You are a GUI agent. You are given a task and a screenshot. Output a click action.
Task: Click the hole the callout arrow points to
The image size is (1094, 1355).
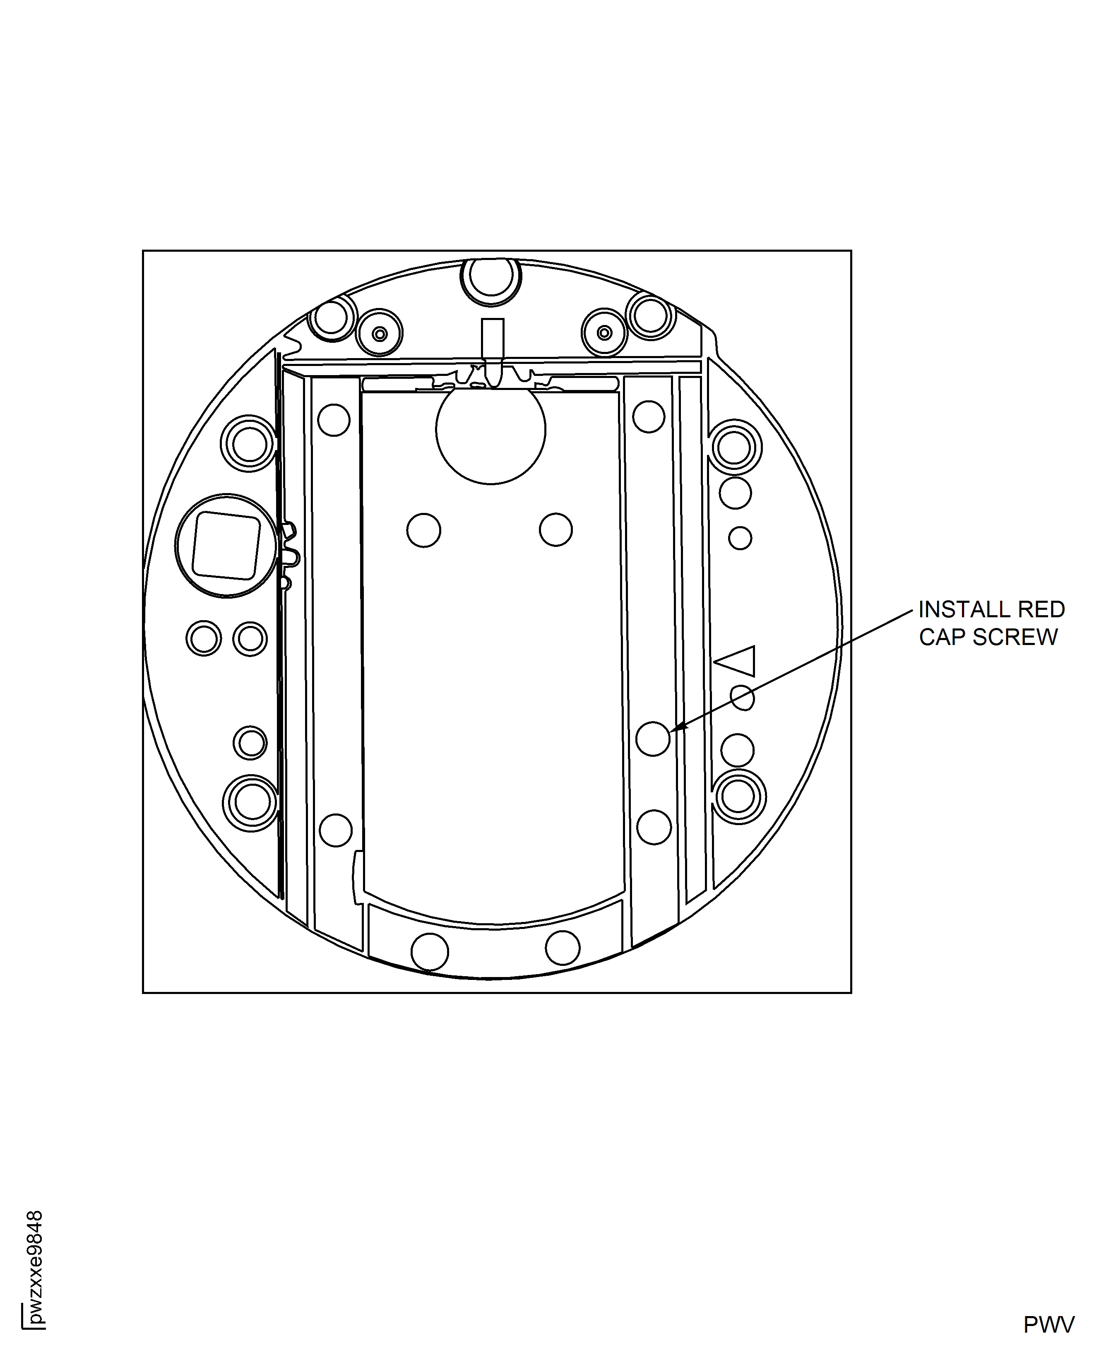653,738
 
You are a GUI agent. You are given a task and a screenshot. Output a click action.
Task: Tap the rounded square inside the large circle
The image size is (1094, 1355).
226,545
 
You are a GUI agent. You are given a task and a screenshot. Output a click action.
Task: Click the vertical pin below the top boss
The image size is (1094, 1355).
492,347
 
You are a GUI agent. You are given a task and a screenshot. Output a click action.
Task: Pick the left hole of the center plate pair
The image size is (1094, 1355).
423,530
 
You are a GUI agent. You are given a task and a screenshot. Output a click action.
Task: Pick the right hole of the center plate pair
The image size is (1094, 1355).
556,529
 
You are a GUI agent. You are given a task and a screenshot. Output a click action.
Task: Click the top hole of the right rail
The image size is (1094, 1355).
649,416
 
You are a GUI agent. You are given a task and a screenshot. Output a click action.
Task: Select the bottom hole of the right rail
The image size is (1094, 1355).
654,827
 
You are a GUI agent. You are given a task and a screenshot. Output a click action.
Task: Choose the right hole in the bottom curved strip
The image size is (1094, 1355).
563,947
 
